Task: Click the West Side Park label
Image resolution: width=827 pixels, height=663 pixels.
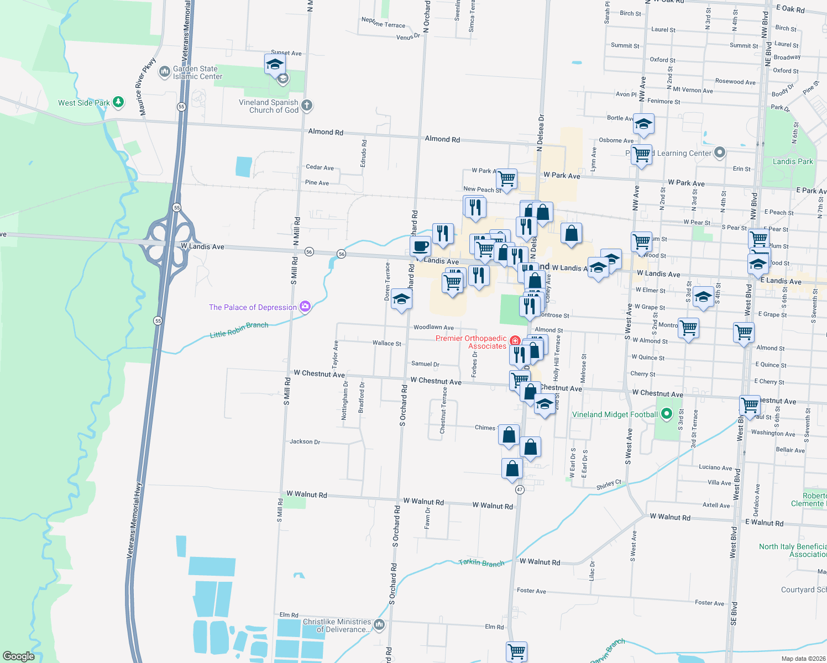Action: pos(84,103)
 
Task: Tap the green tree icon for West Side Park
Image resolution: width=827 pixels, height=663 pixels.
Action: pos(118,102)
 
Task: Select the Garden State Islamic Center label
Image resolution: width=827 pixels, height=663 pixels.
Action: pos(197,72)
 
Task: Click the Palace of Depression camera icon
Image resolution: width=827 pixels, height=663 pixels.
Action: pos(305,307)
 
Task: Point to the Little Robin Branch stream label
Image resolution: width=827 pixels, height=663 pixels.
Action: pos(239,330)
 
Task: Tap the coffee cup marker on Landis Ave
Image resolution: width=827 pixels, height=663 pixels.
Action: pos(421,246)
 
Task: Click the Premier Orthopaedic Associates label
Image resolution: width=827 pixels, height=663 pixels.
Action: pos(471,342)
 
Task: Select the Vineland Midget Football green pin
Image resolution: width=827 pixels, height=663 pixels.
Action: pos(667,414)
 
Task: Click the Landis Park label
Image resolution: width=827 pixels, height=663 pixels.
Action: pos(793,161)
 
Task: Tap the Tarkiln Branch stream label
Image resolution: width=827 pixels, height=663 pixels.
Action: pos(481,563)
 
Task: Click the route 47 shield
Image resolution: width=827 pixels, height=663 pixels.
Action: pos(520,490)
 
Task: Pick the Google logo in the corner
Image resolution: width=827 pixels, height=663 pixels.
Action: pos(18,656)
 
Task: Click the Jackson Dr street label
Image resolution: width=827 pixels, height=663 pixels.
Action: pos(305,441)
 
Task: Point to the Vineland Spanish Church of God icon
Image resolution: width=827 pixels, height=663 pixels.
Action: pos(307,105)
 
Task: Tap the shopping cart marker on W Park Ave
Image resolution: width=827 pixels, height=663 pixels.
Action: pos(506,179)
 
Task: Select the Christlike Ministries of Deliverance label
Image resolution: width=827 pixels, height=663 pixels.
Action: pos(337,625)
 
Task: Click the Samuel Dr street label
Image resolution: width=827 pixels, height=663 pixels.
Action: pos(425,364)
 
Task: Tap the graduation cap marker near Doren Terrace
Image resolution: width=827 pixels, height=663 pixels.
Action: pos(401,300)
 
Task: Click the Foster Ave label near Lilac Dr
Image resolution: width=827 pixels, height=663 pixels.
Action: pos(531,591)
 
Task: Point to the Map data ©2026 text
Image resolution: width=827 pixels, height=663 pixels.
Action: pos(801,658)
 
